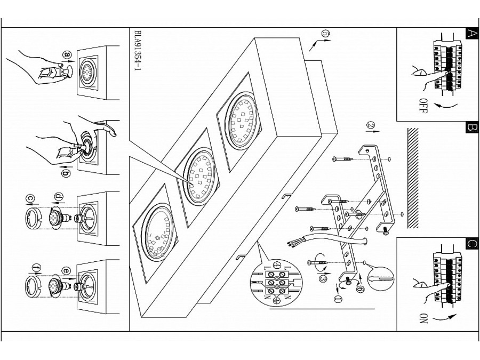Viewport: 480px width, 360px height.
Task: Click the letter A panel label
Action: (472, 34)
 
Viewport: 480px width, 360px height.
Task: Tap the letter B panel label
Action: (472, 127)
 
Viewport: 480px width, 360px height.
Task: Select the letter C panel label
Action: (472, 243)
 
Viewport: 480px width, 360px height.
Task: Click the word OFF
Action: (423, 106)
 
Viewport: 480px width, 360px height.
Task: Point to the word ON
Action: (423, 319)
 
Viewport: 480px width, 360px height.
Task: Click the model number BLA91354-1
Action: (138, 51)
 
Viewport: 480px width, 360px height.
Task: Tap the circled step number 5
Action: (325, 34)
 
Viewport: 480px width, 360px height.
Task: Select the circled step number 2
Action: (371, 125)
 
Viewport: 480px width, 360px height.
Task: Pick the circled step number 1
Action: (338, 299)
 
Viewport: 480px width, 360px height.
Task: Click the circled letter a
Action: (67, 55)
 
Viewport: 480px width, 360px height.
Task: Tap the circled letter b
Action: (66, 173)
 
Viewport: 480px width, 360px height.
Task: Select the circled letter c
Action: (30, 198)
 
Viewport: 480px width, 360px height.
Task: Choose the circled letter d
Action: (59, 196)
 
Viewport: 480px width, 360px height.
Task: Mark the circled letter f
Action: (37, 268)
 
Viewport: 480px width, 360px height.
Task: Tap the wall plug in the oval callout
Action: (381, 279)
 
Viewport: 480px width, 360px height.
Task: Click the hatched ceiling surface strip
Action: (413, 178)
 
